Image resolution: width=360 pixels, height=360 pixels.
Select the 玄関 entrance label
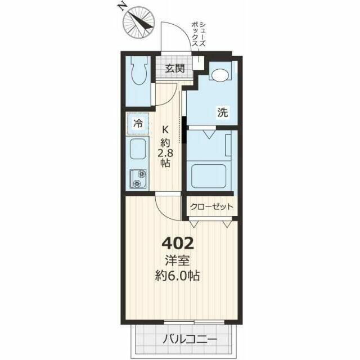(175, 69)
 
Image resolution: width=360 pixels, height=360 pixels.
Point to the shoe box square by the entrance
(198, 62)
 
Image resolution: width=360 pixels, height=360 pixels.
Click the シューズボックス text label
(199, 35)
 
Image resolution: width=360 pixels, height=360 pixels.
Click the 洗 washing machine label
(223, 112)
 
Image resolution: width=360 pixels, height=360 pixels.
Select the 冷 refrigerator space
(138, 124)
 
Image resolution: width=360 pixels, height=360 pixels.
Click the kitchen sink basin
(138, 148)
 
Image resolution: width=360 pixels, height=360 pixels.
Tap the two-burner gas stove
(138, 179)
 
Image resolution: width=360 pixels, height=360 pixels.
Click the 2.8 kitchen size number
(165, 152)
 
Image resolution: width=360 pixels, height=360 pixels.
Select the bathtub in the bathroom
(209, 177)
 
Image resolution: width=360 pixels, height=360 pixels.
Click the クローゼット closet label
(211, 207)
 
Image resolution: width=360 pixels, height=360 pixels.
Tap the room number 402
(178, 244)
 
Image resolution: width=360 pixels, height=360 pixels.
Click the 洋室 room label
(178, 261)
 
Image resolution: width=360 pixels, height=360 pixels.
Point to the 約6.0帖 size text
(177, 276)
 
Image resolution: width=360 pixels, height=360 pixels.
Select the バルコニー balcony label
(190, 339)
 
